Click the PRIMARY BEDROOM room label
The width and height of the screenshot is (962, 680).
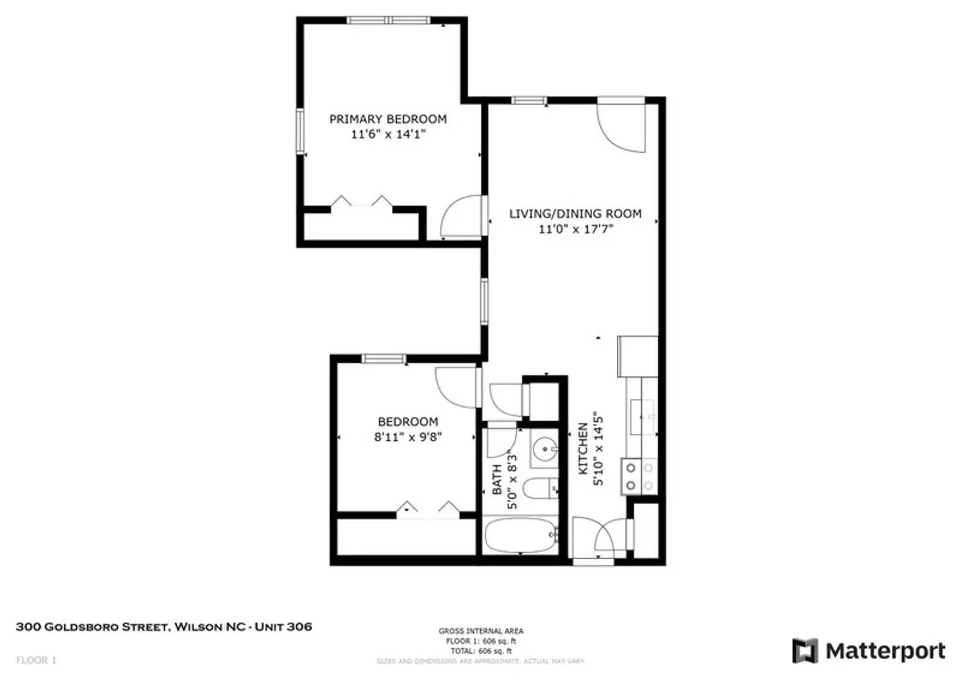pos(387,119)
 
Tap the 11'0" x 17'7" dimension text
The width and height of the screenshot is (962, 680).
pos(575,229)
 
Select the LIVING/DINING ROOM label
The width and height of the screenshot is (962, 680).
pos(575,214)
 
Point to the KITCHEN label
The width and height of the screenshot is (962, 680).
pos(583,448)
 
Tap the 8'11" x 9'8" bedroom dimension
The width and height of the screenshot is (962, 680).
pos(408,437)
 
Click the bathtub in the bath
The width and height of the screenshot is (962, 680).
pos(520,536)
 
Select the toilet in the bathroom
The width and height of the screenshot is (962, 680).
pos(541,489)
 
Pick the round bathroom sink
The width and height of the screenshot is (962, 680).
pos(544,450)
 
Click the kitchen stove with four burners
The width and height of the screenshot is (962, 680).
pos(639,477)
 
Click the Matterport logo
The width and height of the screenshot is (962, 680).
pos(869,650)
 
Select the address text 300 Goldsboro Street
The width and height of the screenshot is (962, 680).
pos(164,626)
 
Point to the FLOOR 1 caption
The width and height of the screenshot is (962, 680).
pos(36,660)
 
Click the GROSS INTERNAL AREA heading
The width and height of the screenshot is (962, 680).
pos(481,631)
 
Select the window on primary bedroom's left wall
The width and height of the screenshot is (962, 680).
pos(301,131)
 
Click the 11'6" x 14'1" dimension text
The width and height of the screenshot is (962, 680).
pos(388,134)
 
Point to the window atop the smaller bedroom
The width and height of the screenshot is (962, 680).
pos(383,359)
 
